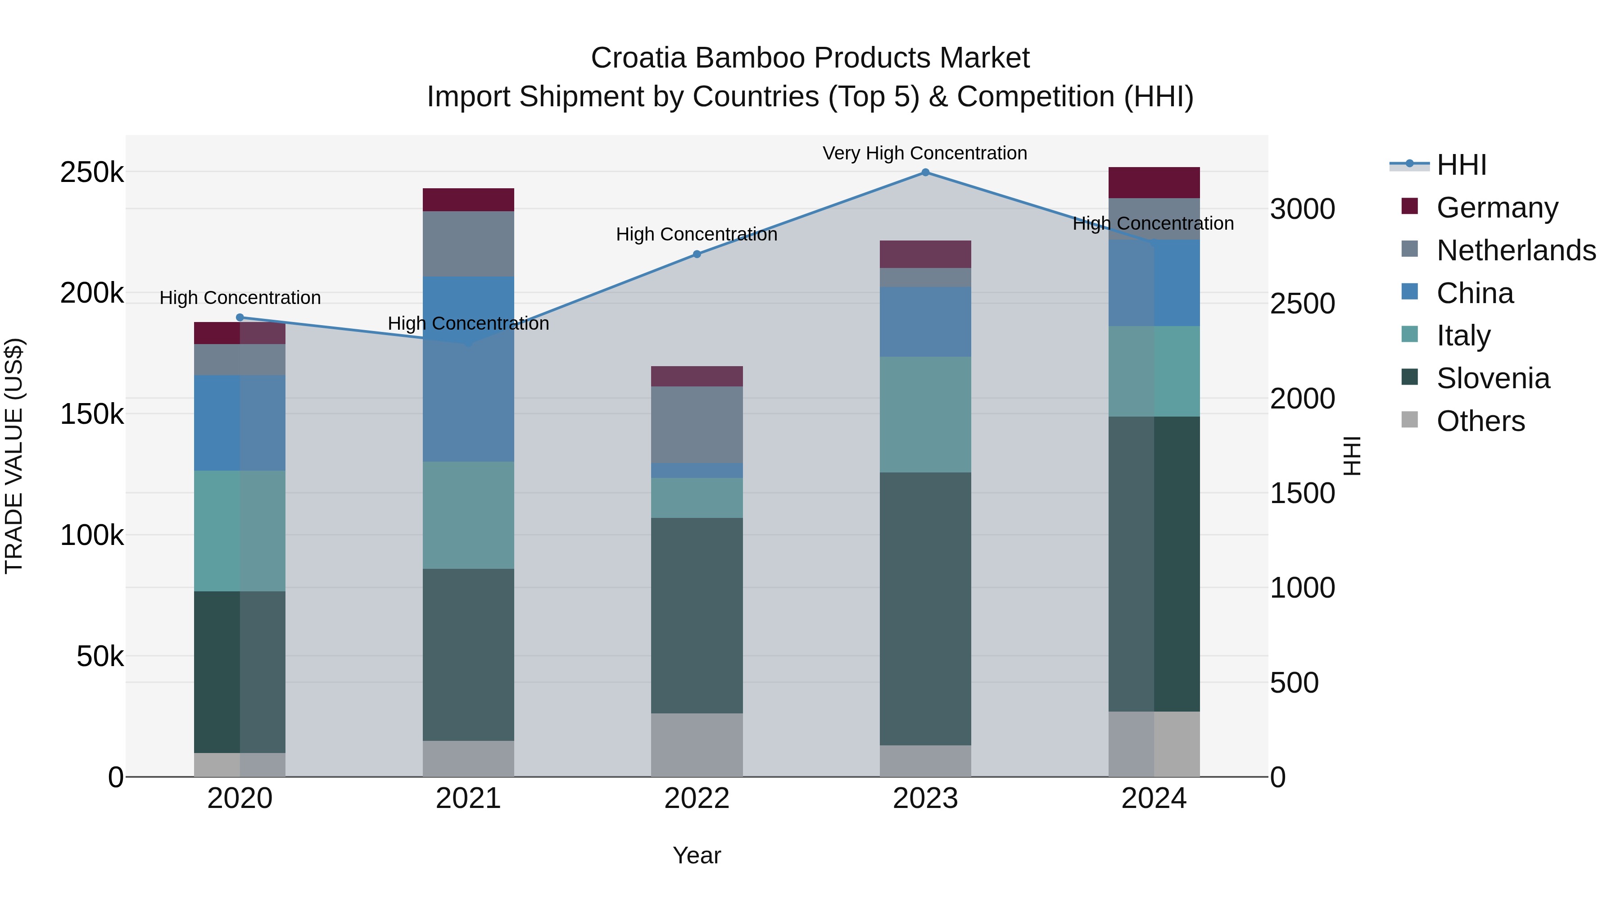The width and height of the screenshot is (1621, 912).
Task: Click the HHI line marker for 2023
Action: (925, 172)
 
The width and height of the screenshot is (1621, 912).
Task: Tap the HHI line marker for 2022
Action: (697, 254)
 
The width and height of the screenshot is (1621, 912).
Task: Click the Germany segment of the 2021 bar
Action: (468, 200)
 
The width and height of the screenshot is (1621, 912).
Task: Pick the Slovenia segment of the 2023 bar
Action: (925, 608)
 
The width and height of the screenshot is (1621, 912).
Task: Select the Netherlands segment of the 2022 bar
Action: (697, 425)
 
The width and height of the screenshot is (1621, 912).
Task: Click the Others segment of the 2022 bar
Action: (697, 744)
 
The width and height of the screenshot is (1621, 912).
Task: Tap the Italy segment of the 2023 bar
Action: (925, 415)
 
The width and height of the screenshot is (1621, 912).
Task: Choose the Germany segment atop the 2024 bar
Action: (1154, 182)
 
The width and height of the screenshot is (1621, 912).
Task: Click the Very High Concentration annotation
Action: (924, 153)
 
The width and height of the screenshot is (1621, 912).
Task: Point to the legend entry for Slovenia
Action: (1493, 378)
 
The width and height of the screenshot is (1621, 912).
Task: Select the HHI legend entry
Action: (1461, 165)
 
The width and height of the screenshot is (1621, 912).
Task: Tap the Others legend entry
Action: (1480, 421)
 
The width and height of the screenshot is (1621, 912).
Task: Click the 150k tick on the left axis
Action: (92, 414)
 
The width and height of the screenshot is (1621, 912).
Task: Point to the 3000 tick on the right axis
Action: (1302, 209)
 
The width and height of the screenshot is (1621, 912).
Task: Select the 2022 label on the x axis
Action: (697, 799)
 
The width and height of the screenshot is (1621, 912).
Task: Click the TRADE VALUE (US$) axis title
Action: (14, 456)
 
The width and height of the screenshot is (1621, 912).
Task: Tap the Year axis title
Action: (697, 855)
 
